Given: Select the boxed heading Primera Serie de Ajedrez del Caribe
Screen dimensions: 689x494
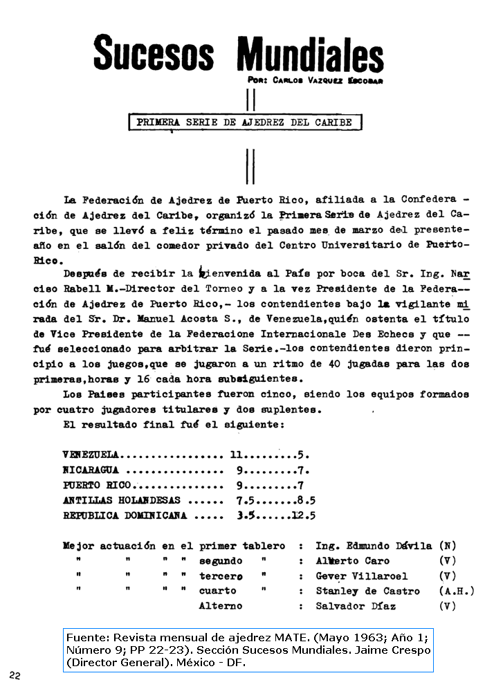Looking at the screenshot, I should coord(245,122).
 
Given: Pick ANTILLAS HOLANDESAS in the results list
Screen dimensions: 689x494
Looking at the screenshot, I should coord(121,500).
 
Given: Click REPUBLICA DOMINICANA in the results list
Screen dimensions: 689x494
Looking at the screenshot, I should coord(126,515).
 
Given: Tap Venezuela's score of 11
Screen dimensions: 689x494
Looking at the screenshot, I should coord(237,455).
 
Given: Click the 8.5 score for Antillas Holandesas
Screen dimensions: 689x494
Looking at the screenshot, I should coord(304,500).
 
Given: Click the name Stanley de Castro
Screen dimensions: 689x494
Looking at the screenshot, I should coord(367,591).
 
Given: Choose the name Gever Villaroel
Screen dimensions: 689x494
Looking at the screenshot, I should coord(361,576).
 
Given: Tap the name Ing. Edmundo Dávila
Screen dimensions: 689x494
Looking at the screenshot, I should coord(374,546).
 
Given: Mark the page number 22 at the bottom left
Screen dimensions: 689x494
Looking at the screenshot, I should coord(15,674).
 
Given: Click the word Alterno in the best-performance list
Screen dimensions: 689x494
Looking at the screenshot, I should coord(220,606).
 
